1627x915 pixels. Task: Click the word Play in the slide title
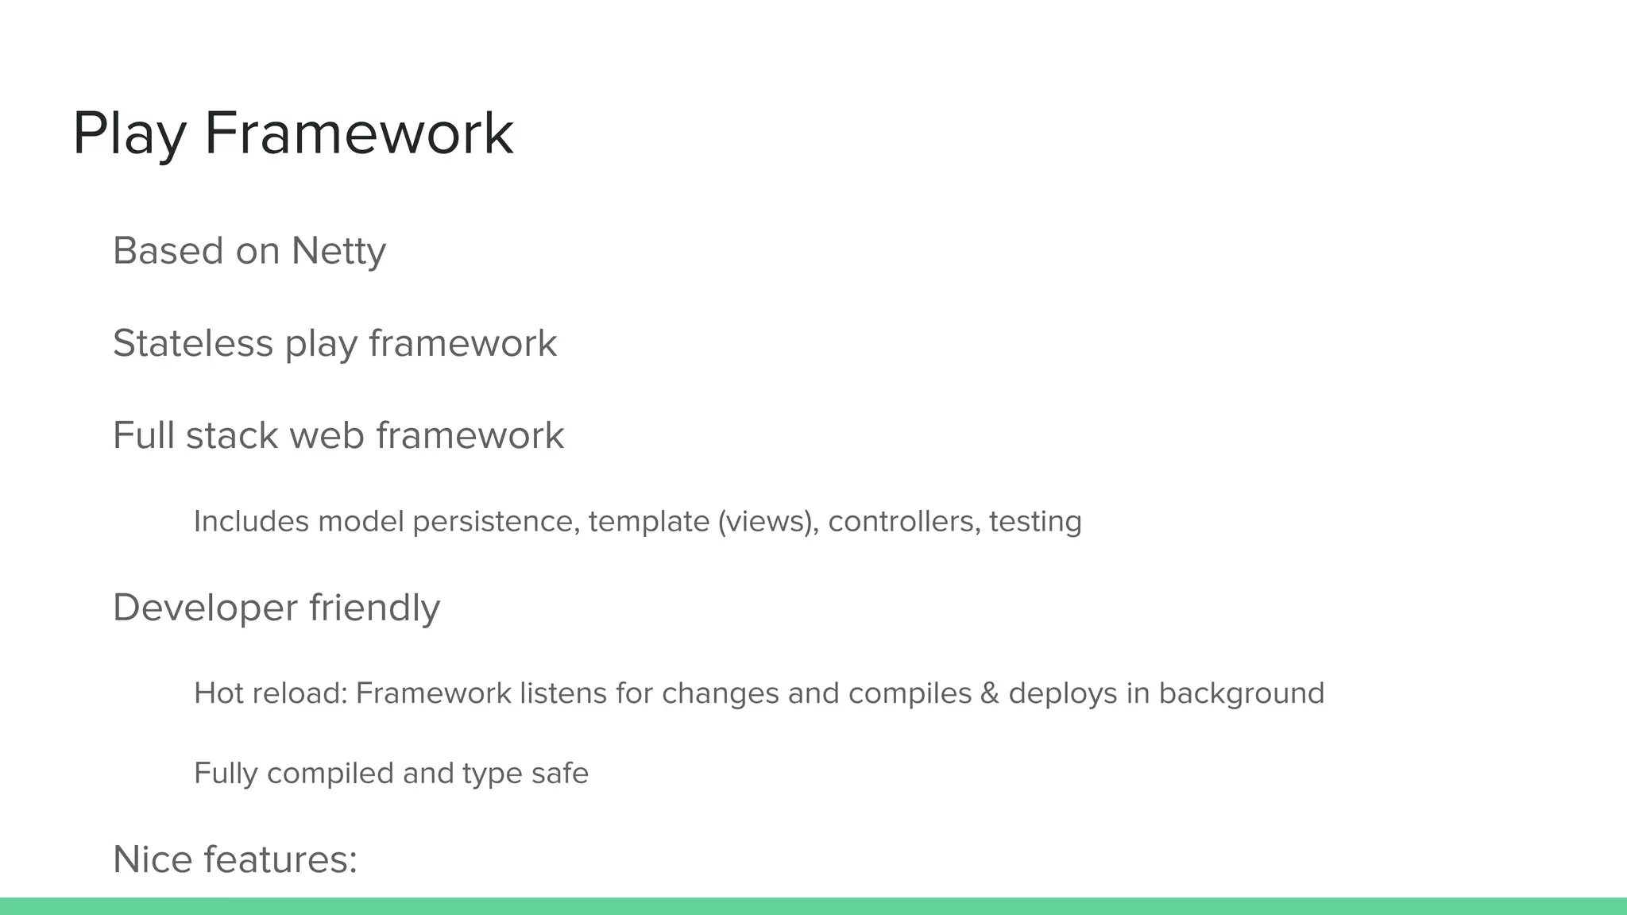point(129,133)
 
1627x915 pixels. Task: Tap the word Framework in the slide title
point(359,133)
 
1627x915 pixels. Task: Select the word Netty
point(338,251)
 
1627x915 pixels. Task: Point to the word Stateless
point(192,343)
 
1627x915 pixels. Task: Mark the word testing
point(1035,522)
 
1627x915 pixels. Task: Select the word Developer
point(205,608)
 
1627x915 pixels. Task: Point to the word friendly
point(374,608)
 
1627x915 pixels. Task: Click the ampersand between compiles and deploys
point(989,693)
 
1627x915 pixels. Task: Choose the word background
point(1241,693)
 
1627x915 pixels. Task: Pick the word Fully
point(226,773)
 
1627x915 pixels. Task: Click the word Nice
point(153,859)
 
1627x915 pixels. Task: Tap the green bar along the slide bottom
point(813,906)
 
